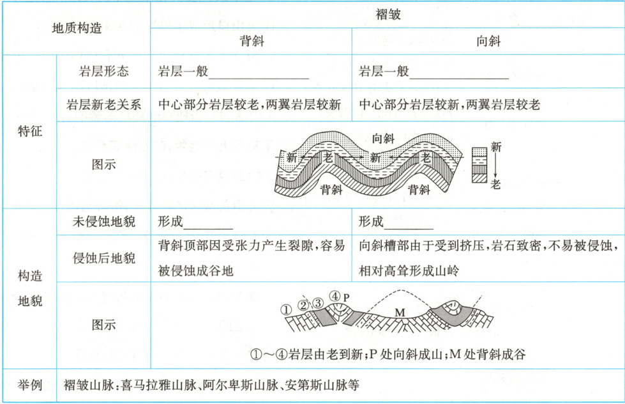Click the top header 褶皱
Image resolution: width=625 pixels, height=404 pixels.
click(x=388, y=14)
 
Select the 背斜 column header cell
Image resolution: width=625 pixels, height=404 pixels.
click(x=252, y=42)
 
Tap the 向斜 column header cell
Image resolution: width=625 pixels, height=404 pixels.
click(x=488, y=42)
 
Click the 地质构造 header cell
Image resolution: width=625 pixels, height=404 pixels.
click(x=77, y=29)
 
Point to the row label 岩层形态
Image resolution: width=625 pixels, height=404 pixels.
click(x=103, y=71)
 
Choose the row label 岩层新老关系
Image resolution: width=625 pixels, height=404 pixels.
click(x=103, y=104)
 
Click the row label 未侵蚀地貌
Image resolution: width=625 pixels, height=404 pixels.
click(x=103, y=222)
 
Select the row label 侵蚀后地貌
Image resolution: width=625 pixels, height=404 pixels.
click(x=103, y=258)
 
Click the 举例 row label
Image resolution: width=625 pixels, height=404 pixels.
click(x=29, y=385)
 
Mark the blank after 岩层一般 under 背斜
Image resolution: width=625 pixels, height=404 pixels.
click(x=259, y=73)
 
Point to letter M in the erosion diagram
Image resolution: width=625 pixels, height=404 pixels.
click(x=400, y=312)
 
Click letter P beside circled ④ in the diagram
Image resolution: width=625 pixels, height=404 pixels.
click(x=347, y=297)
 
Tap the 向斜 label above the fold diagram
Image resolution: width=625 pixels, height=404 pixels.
click(x=382, y=138)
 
